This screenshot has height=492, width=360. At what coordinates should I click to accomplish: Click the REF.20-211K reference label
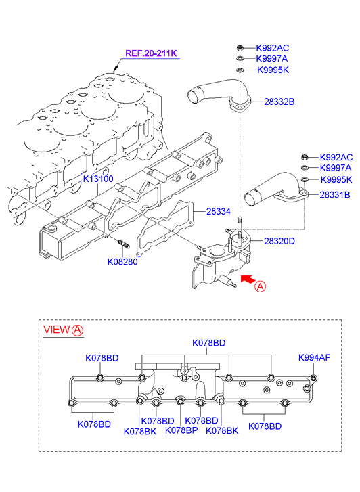tap(151, 53)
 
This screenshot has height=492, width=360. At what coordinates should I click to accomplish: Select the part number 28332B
tap(279, 102)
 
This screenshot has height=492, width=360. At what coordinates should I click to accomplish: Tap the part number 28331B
tap(335, 194)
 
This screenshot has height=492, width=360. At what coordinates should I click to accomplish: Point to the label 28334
tap(219, 211)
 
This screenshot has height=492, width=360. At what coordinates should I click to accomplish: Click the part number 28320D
tap(279, 241)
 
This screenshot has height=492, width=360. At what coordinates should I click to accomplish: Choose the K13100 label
tap(98, 179)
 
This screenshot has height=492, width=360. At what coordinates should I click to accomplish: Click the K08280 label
tap(122, 262)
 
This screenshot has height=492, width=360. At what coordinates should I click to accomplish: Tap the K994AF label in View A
tap(314, 357)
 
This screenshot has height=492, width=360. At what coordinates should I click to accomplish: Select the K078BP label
tap(181, 430)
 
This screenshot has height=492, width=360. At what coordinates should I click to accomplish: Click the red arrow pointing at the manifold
tap(248, 279)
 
